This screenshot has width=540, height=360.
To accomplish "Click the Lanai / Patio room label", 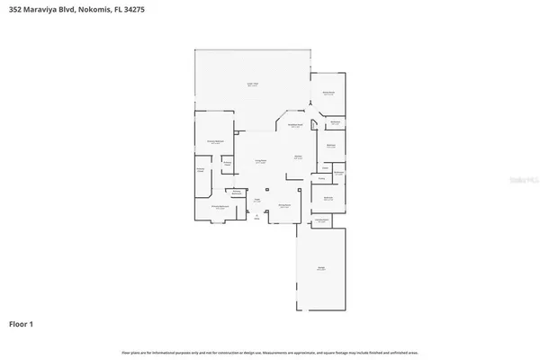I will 253,85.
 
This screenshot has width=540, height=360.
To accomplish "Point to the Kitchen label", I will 297,157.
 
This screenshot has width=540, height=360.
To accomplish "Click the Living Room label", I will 260,162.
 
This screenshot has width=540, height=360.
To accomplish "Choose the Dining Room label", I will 283,205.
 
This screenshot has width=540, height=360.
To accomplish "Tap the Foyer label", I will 256,200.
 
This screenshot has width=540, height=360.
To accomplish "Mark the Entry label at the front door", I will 256,218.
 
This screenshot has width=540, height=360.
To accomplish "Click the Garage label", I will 320,268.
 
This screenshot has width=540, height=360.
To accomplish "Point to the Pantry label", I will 321,178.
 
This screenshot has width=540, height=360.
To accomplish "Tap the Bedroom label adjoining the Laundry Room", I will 328,199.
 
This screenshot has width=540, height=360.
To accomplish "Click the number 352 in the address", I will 17,9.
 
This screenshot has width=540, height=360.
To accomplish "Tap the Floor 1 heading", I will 23,322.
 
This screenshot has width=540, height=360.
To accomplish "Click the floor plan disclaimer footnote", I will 270,352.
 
